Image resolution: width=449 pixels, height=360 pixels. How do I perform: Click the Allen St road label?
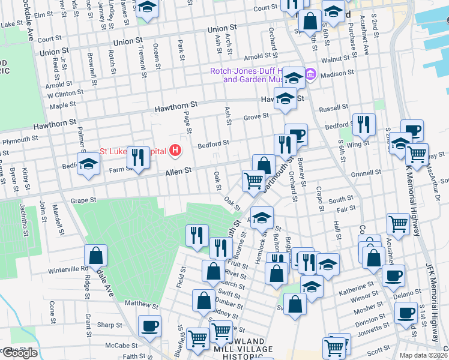pos(178,171)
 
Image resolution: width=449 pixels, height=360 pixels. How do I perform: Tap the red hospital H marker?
pos(175,150)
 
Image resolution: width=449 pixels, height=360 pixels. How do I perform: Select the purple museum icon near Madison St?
pos(310,75)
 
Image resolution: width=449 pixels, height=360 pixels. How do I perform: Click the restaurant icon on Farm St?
pos(138,157)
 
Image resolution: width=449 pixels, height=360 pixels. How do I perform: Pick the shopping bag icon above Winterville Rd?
pos(95,256)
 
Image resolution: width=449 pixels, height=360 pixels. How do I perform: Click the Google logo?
pos(19,353)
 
